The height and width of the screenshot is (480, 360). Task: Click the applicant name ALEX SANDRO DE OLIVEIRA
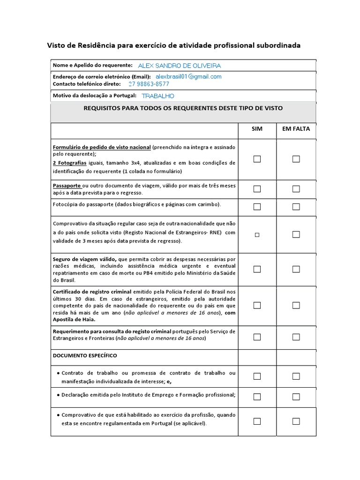(179, 66)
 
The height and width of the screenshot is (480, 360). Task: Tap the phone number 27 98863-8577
(149, 84)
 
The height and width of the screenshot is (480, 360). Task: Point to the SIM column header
(257, 129)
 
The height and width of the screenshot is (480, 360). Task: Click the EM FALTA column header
(296, 129)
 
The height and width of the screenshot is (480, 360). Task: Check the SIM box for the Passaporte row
(257, 189)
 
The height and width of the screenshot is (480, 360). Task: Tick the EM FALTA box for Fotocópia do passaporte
(296, 207)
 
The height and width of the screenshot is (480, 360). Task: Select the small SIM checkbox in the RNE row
(257, 235)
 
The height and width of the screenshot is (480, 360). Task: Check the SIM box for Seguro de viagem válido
(257, 269)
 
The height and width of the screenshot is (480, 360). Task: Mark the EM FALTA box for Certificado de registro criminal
(296, 305)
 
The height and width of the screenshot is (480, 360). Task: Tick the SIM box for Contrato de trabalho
(257, 376)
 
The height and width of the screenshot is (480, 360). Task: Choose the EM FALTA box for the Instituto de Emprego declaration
(296, 397)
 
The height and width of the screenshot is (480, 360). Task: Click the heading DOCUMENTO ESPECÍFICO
(85, 355)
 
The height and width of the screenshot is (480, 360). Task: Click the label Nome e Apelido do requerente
(93, 66)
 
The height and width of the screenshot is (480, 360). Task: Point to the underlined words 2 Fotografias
(70, 163)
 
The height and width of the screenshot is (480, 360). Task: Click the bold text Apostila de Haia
(74, 319)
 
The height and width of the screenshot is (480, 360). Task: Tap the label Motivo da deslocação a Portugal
(95, 96)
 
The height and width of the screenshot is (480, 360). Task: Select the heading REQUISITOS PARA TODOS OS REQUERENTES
(183, 108)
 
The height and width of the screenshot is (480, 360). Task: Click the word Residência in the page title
(92, 45)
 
